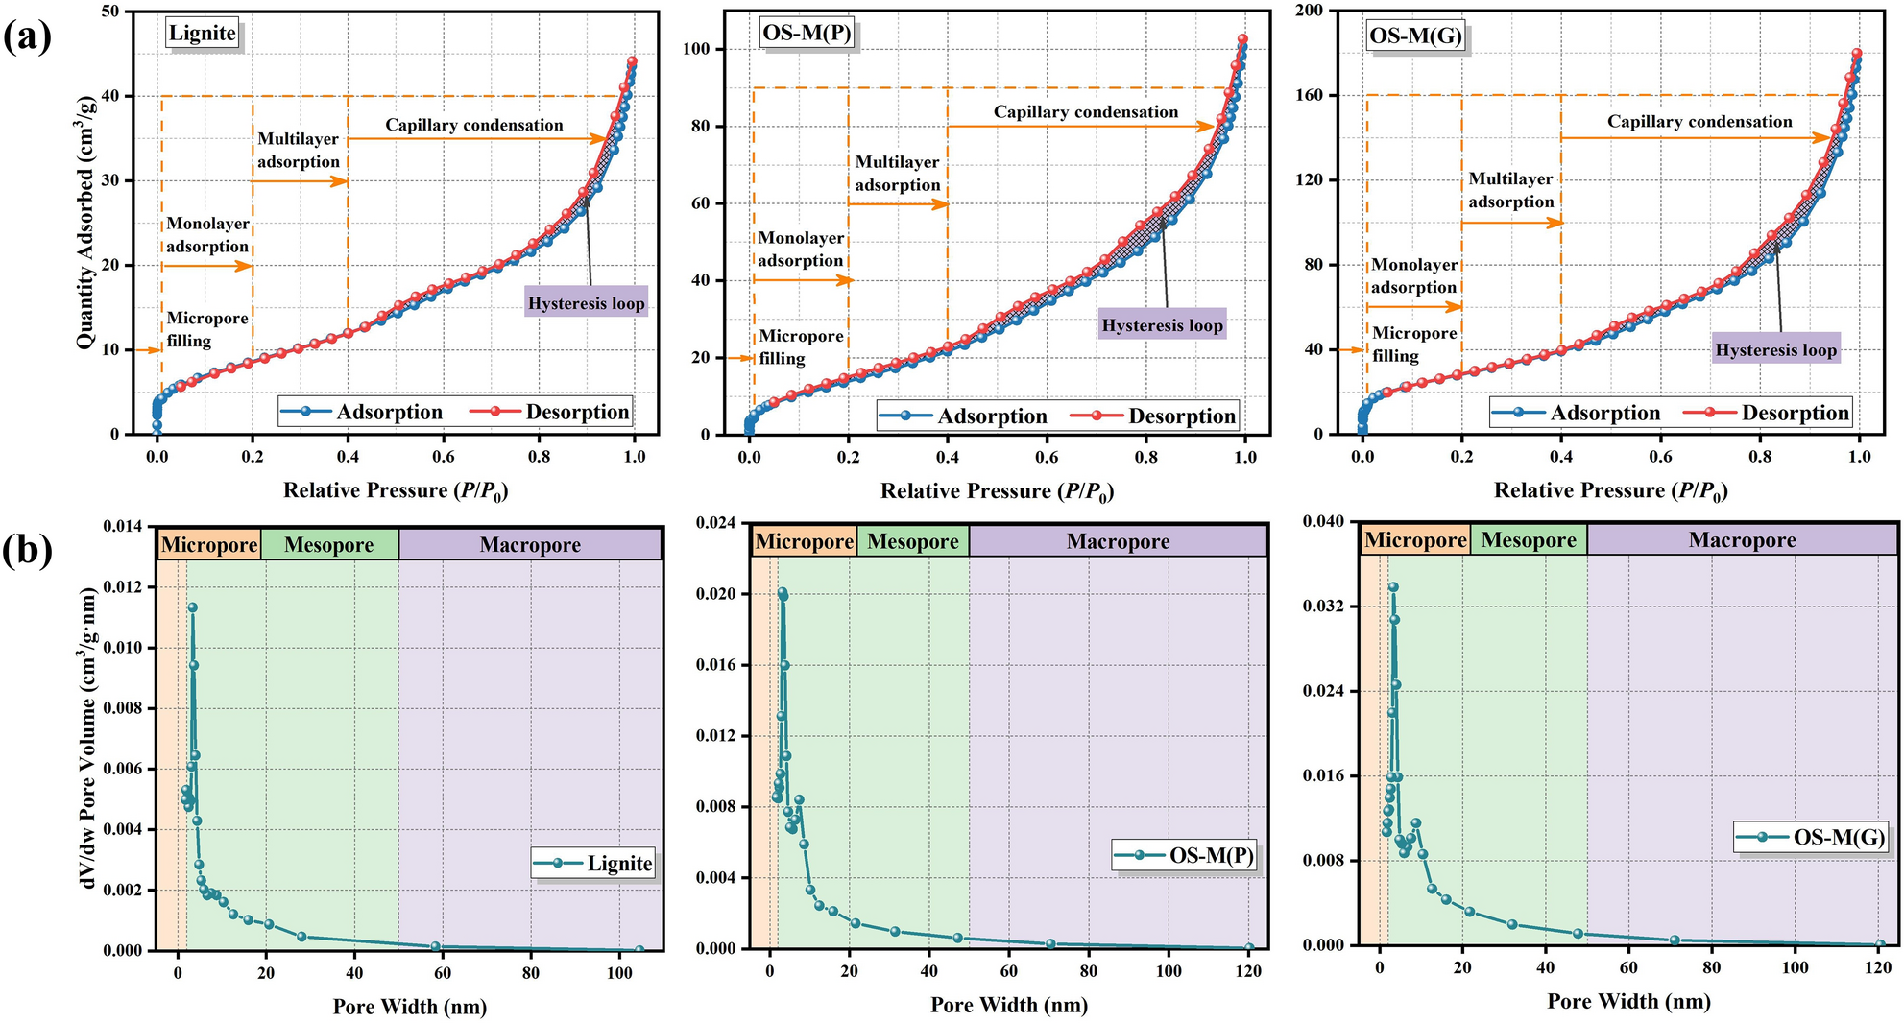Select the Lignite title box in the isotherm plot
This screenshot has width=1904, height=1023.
(x=203, y=34)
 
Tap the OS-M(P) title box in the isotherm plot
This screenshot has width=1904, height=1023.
(x=806, y=34)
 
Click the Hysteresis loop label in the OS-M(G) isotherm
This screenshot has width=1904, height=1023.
(x=1775, y=350)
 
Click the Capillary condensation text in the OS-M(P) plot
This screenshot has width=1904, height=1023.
(x=1085, y=112)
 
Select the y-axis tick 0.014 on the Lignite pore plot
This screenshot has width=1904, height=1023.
(x=122, y=527)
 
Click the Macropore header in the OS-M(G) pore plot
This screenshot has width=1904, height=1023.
(x=1742, y=540)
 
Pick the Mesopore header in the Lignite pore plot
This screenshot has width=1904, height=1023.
(x=328, y=545)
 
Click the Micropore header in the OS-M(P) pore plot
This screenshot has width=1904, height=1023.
(x=804, y=542)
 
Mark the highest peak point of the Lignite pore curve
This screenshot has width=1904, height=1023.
(x=192, y=607)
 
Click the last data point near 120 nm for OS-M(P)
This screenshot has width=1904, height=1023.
(x=1249, y=948)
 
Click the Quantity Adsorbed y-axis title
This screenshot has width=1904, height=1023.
(x=86, y=221)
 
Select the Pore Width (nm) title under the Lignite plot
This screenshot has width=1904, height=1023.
(x=410, y=1007)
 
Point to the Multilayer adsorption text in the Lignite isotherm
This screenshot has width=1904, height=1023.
(x=299, y=151)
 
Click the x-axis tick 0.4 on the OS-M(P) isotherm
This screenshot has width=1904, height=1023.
(x=948, y=457)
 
